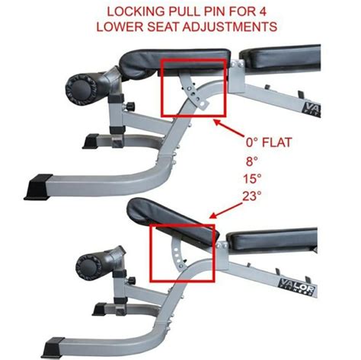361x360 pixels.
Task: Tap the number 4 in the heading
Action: [262, 12]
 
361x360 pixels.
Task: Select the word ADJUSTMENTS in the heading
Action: [229, 27]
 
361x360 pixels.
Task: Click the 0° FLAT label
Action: [269, 142]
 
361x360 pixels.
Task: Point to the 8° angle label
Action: [252, 161]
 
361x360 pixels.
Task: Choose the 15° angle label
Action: [252, 179]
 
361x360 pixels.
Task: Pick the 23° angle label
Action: [251, 196]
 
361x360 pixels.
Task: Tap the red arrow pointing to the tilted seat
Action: [226, 211]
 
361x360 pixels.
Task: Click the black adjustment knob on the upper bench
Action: [130, 106]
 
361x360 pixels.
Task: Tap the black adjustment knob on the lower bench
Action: [132, 281]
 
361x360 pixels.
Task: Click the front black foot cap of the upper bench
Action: [39, 186]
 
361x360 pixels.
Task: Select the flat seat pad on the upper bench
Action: [175, 62]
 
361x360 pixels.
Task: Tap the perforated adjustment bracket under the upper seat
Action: [193, 92]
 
